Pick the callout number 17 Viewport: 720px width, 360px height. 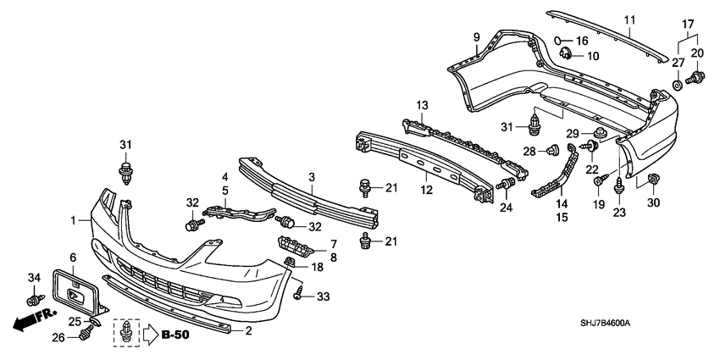click(x=687, y=25)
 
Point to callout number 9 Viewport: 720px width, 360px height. click(x=476, y=37)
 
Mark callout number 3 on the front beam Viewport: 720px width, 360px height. click(x=312, y=177)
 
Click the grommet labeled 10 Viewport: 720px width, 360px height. click(x=566, y=56)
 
